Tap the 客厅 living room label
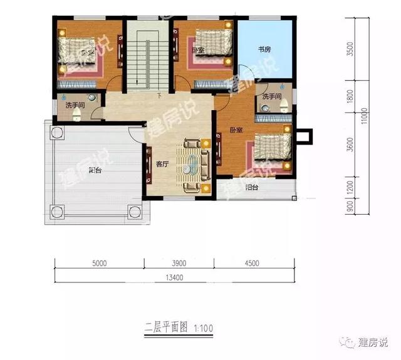pyautogui.click(x=162, y=164)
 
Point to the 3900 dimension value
pyautogui.click(x=179, y=263)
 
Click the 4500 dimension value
pyautogui.click(x=252, y=263)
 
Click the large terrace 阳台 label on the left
pyautogui.click(x=95, y=170)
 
